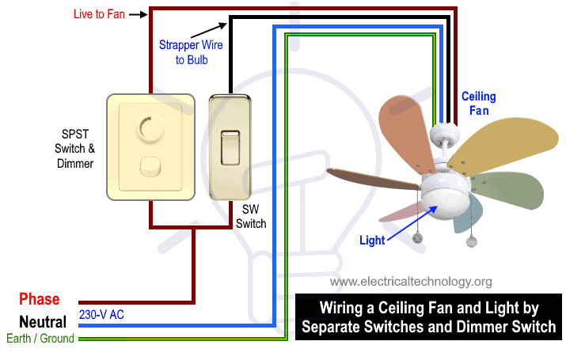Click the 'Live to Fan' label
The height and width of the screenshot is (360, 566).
[x=99, y=14]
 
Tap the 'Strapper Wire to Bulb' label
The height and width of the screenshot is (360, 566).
[x=191, y=52]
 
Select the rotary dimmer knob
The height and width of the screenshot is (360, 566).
[x=150, y=129]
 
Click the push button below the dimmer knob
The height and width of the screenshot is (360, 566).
[x=150, y=167]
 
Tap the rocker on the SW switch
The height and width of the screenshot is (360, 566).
[x=230, y=148]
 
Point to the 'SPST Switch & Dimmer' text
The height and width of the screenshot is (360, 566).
[x=74, y=149]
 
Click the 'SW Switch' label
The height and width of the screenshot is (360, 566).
[x=251, y=217]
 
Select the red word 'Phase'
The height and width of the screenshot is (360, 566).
[x=40, y=299]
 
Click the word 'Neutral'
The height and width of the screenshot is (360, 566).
[x=43, y=322]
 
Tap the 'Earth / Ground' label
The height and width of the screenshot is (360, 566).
[x=40, y=339]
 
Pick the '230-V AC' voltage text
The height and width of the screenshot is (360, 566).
[x=101, y=315]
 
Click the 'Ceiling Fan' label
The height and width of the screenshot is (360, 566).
[x=479, y=103]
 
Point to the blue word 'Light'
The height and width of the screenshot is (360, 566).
[x=372, y=241]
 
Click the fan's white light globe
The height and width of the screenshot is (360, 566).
[x=446, y=204]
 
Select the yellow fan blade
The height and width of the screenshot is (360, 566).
[x=503, y=146]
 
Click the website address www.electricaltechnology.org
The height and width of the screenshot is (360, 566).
[x=411, y=282]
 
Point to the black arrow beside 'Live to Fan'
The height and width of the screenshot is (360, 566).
[x=139, y=14]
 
